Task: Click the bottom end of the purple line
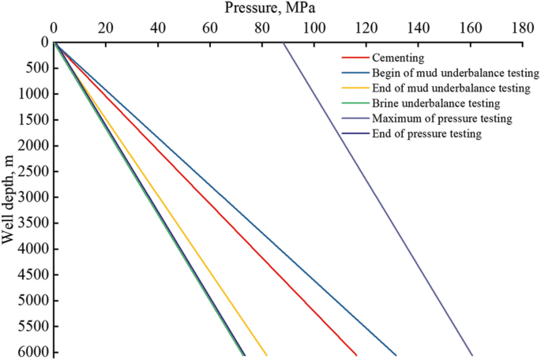[x=472, y=355]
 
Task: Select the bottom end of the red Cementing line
[x=356, y=355]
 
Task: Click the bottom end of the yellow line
[x=267, y=355]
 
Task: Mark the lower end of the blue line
[x=396, y=355]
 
